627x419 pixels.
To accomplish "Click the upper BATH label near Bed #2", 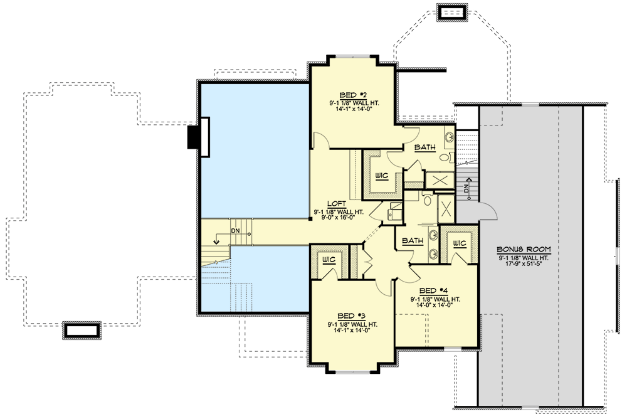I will (426, 148).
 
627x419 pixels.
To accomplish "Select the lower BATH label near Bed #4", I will (412, 240).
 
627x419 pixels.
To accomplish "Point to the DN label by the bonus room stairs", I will (465, 188).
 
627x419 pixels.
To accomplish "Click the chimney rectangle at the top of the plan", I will (452, 13).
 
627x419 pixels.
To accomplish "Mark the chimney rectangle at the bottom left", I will (80, 331).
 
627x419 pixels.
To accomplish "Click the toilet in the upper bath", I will (444, 157).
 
